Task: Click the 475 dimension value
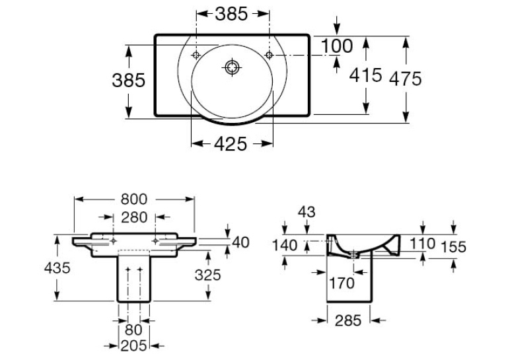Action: [x=406, y=79]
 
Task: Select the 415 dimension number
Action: [x=365, y=75]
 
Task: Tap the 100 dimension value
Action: [x=337, y=46]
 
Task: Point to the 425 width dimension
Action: [x=231, y=143]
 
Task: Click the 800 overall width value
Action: [x=134, y=199]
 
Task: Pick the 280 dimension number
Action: [x=134, y=217]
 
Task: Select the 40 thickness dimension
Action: [x=240, y=242]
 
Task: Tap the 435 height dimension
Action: [x=57, y=268]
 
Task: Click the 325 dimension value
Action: [x=208, y=275]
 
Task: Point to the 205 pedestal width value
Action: [x=134, y=346]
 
